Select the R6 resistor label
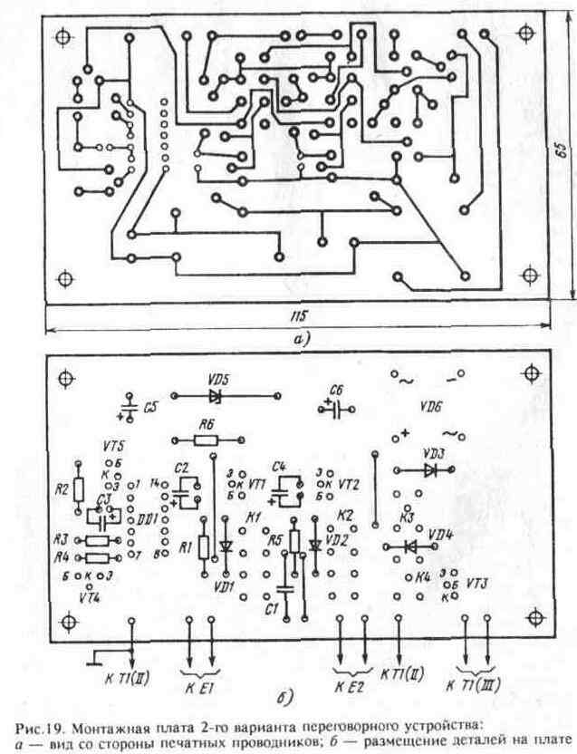[206, 423]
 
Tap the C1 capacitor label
[271, 608]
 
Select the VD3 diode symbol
[430, 469]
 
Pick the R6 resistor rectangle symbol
[206, 440]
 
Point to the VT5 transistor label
[114, 446]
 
